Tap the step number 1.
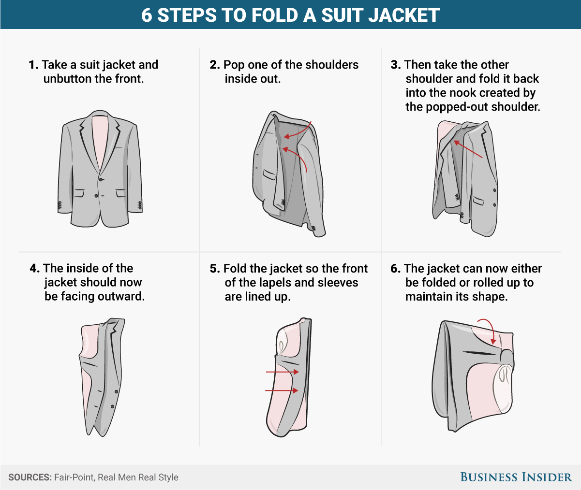point(33,65)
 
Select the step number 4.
point(34,269)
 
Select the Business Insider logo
point(516,477)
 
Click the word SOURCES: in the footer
point(30,477)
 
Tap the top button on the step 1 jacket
point(101,180)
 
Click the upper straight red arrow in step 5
point(282,372)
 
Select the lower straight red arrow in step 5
point(282,390)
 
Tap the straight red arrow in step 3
point(468,149)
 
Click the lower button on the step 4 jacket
point(112,406)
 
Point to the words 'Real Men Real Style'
point(138,477)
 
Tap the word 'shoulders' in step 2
point(332,65)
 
